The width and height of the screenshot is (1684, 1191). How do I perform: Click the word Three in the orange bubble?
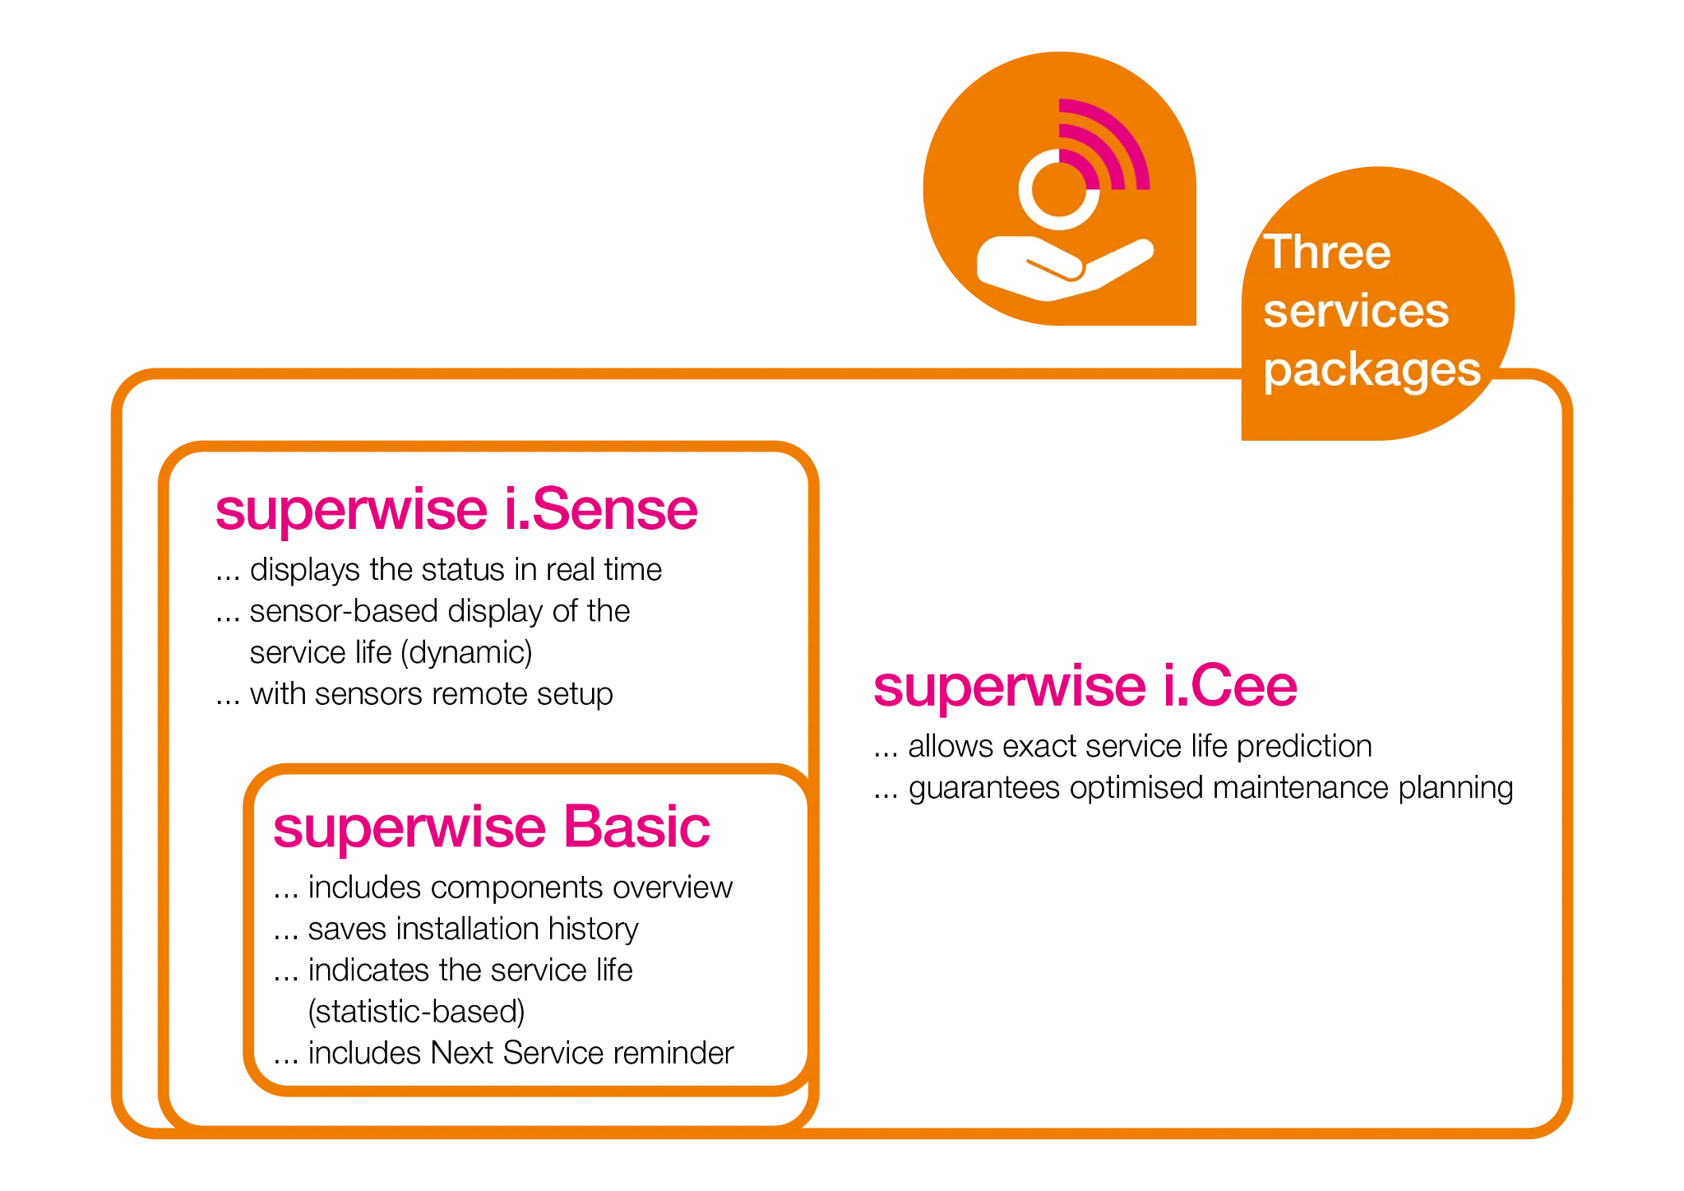click(x=1326, y=252)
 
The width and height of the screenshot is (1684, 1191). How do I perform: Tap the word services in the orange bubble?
click(x=1355, y=311)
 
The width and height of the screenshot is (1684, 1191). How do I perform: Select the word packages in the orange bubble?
click(x=1372, y=369)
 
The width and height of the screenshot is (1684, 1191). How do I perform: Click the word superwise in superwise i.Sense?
click(x=349, y=510)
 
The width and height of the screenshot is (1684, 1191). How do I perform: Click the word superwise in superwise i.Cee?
click(x=1008, y=687)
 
